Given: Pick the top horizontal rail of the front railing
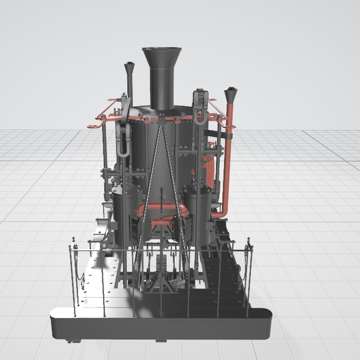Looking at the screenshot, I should coord(160,248).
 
